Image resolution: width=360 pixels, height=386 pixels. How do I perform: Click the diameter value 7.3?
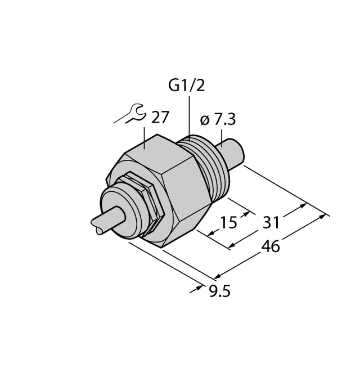(224, 120)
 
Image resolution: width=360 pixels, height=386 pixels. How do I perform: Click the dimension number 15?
(228, 223)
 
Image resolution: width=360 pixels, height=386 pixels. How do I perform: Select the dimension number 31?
(271, 223)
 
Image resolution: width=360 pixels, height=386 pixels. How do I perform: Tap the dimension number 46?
(271, 246)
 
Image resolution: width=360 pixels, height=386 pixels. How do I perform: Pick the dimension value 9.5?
(219, 291)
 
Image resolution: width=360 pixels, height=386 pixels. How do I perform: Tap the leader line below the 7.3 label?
(224, 135)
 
